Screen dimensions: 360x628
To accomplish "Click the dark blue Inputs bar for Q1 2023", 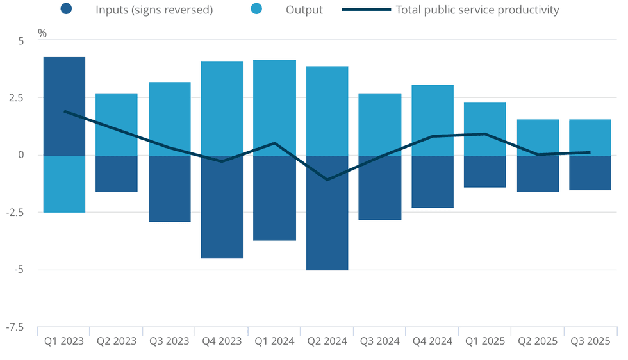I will point(64,106).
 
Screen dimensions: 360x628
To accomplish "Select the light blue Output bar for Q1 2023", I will point(64,184).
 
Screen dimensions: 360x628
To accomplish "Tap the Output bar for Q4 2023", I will point(222,108).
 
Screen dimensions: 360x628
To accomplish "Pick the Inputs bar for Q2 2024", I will point(327,213).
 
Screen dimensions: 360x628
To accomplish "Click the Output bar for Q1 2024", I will point(274,107).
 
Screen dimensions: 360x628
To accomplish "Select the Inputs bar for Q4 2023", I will point(222,207).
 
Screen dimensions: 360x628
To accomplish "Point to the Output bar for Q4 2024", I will point(432,120).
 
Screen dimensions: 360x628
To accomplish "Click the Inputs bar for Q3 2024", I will point(379,188).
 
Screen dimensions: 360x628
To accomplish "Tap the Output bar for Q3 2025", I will point(590,137).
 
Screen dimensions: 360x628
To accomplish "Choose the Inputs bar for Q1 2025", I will point(484,172).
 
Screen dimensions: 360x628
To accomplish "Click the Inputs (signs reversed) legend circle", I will point(66,10).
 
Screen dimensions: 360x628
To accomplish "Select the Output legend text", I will point(304,10).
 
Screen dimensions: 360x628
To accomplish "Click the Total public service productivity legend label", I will point(477,10).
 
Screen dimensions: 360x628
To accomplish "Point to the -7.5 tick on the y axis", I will point(21,328).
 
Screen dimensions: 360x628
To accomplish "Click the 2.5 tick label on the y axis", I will point(22,98).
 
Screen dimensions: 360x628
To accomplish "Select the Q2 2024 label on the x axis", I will point(327,341).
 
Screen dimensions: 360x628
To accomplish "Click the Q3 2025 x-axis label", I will point(590,341).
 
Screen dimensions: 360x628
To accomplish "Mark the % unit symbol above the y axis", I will point(42,33).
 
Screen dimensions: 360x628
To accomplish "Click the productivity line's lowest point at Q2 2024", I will point(327,180).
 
